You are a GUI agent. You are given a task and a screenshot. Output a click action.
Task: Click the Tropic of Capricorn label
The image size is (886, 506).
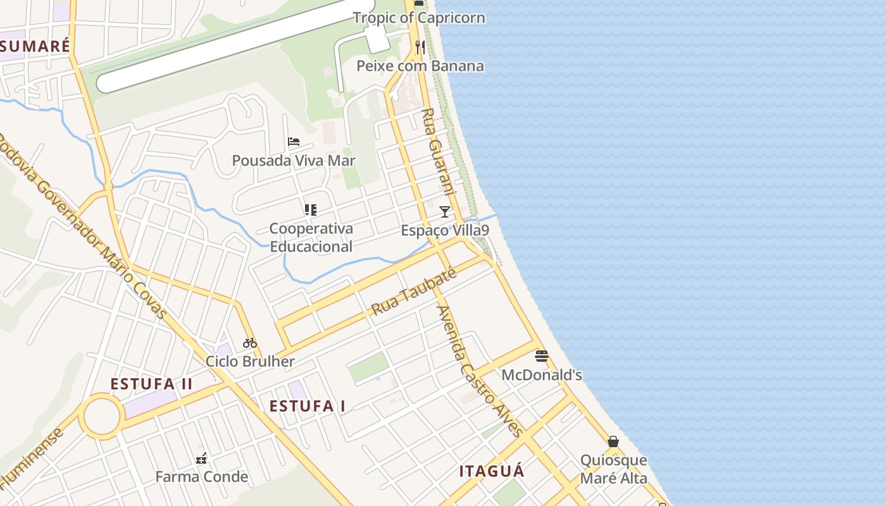click(419, 18)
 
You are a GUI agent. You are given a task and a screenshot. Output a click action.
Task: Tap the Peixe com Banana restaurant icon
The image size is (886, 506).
click(419, 47)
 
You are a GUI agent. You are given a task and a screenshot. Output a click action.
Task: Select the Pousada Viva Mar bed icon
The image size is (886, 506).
click(294, 141)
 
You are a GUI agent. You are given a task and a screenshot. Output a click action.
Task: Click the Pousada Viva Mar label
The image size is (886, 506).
click(294, 161)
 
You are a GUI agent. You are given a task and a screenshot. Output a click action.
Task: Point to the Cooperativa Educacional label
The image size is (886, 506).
click(311, 237)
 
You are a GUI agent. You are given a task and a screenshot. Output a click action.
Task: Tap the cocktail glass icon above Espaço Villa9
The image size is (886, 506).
click(445, 211)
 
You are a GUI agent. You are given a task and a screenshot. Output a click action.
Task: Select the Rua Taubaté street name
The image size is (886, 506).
click(414, 292)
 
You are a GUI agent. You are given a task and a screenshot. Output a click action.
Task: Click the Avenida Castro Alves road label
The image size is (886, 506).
click(480, 372)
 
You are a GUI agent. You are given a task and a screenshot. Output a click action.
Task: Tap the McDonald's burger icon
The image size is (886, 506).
click(541, 356)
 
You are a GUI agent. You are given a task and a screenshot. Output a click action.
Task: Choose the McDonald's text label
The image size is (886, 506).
click(542, 375)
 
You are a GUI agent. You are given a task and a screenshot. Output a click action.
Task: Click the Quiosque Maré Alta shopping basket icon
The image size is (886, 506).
click(613, 441)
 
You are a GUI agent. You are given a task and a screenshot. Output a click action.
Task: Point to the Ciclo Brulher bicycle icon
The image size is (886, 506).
click(250, 343)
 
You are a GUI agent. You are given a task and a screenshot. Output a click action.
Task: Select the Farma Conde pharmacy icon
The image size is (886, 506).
click(202, 458)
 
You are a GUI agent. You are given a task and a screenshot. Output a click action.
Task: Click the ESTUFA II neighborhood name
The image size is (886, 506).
click(151, 384)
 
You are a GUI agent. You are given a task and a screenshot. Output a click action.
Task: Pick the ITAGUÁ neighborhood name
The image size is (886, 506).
click(492, 471)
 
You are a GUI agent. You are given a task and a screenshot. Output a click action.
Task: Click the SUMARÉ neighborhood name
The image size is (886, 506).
click(35, 46)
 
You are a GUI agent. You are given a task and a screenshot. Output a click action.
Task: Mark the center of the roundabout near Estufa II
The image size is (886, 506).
click(101, 417)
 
